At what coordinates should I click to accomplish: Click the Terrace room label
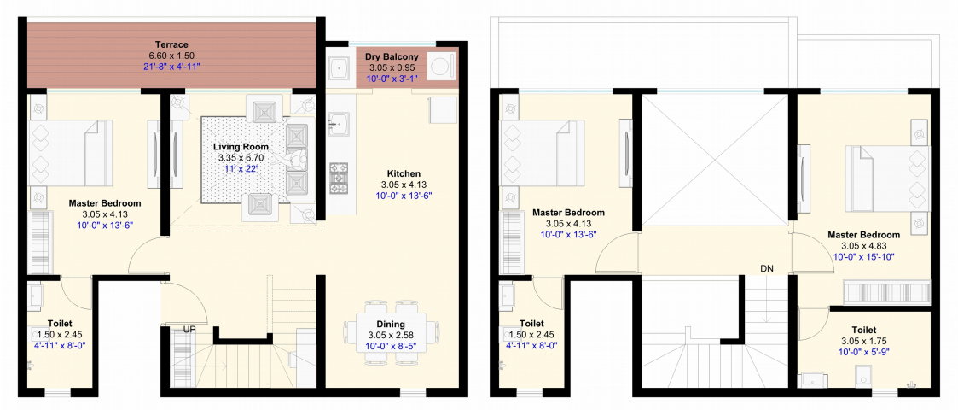click(x=171, y=44)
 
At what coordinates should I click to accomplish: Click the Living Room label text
click(x=241, y=148)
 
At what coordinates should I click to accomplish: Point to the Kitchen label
click(x=404, y=173)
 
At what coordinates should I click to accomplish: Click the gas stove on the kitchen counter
click(x=339, y=179)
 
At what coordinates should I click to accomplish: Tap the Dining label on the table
click(x=391, y=325)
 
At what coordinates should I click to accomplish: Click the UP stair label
click(x=189, y=329)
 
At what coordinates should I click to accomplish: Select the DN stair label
click(x=767, y=268)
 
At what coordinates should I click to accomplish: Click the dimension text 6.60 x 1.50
click(x=171, y=55)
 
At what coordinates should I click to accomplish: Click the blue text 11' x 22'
click(x=241, y=168)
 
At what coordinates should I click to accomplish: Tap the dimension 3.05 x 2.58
click(x=391, y=336)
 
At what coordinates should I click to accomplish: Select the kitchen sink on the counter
click(x=338, y=122)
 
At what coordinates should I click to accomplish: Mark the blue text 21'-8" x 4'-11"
click(x=171, y=66)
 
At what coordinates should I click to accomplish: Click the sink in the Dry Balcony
click(x=338, y=68)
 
